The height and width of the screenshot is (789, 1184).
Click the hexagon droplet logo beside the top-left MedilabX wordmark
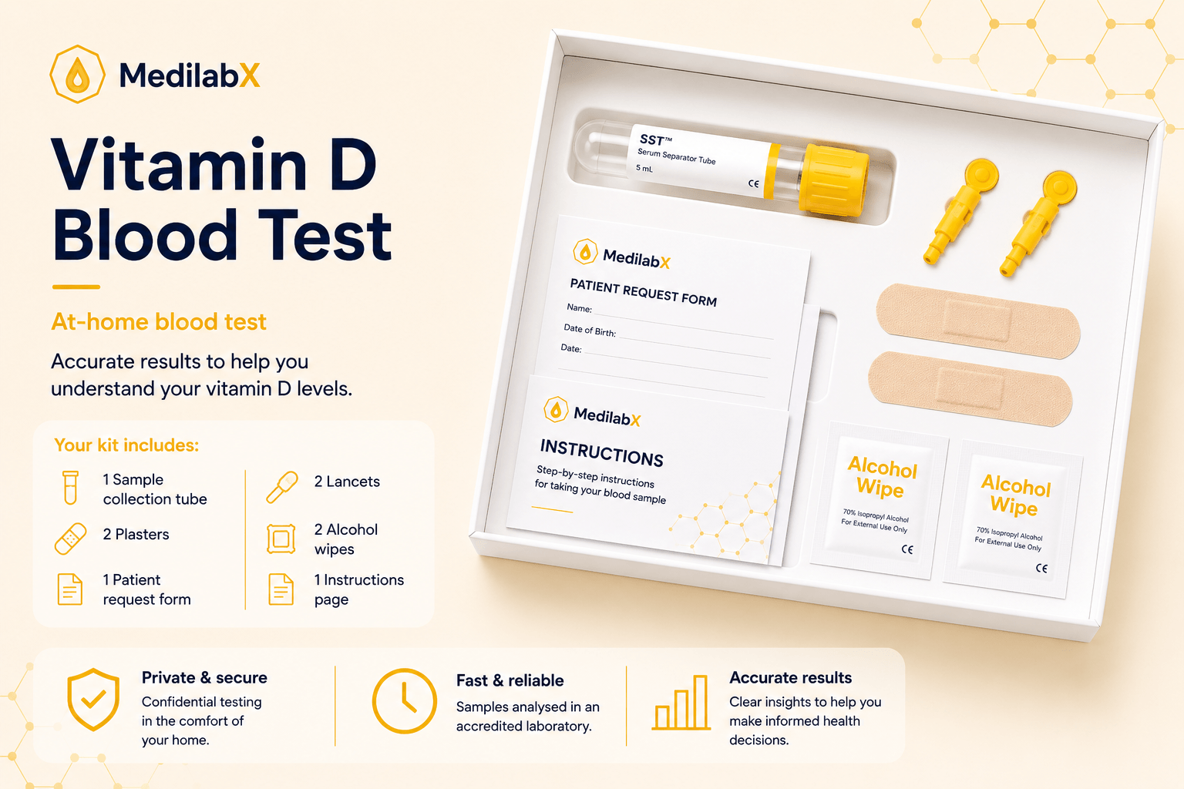click(x=77, y=74)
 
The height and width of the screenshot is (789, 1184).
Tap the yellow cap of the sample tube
click(x=834, y=180)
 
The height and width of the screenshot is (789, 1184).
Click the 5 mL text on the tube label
click(x=644, y=169)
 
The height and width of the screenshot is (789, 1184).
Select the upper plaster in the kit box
click(x=978, y=321)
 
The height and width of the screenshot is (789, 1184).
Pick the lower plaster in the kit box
click(x=970, y=388)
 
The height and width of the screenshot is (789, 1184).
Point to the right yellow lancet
click(x=1038, y=223)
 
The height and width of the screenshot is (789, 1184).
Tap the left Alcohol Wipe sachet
click(x=880, y=500)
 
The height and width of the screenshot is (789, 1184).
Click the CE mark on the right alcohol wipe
click(x=1041, y=568)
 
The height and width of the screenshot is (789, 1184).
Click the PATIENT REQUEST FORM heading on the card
click(x=644, y=292)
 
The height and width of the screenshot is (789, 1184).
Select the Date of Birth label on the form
click(x=590, y=330)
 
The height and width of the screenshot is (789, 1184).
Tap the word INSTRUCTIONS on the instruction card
click(x=601, y=453)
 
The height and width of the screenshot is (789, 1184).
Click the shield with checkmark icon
click(x=93, y=699)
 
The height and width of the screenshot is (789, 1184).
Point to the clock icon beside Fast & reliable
click(x=405, y=700)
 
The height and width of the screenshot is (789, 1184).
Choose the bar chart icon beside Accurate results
click(x=681, y=703)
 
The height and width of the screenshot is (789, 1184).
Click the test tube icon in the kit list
click(x=70, y=487)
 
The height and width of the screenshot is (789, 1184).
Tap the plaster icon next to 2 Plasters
click(x=70, y=539)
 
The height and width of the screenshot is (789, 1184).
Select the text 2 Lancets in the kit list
click(x=347, y=482)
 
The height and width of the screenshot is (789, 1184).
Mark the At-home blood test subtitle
click(x=159, y=321)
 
